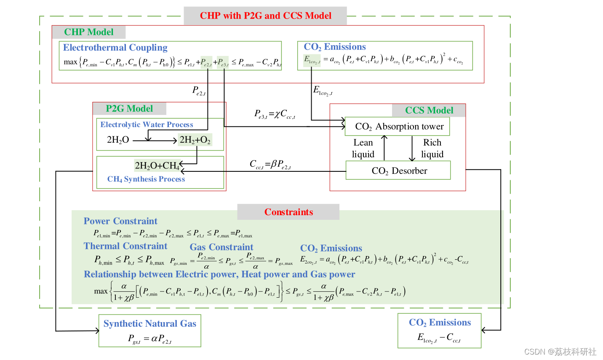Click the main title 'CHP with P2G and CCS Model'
point(265,16)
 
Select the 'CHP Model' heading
point(88,32)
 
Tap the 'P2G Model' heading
point(129,109)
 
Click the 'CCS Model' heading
point(429,110)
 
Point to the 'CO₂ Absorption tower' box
point(398,126)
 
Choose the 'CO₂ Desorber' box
point(398,171)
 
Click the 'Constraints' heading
point(288,212)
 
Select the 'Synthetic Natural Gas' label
point(150,323)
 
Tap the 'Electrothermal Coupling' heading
point(115,48)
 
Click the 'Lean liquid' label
point(363,148)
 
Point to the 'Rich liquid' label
point(432,148)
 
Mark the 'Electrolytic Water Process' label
point(147,124)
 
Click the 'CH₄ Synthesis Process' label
point(146,179)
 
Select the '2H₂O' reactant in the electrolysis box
point(118,140)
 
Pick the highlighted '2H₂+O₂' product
point(195,140)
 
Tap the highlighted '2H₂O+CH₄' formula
point(157,165)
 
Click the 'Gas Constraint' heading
point(221,247)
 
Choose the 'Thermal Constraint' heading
point(125,246)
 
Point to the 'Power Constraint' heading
point(120,221)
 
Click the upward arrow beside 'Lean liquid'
point(384,148)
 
